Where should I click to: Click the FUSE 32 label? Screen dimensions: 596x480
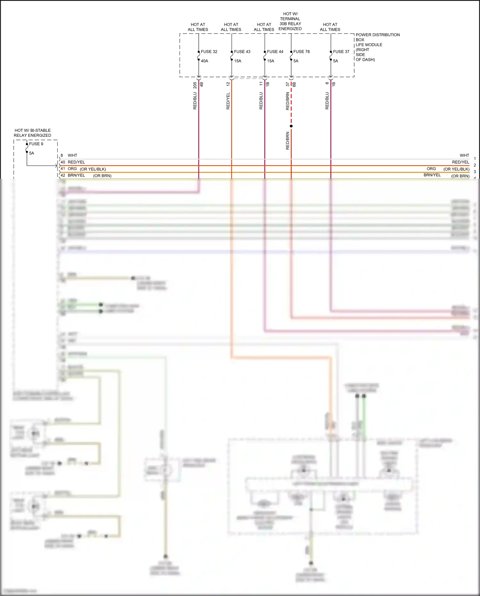click(x=209, y=52)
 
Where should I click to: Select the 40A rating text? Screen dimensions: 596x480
click(x=204, y=61)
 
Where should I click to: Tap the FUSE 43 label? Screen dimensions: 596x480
click(x=242, y=52)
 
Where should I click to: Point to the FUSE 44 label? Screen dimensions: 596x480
click(x=275, y=52)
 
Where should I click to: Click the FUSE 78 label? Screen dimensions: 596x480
click(x=301, y=52)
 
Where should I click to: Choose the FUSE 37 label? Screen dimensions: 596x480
click(x=341, y=52)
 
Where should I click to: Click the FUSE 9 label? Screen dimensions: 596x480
click(x=36, y=144)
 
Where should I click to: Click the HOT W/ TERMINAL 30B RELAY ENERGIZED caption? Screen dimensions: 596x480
click(x=290, y=21)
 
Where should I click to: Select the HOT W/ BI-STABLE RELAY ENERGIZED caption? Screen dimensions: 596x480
click(x=32, y=133)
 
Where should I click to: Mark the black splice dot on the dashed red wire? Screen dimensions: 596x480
click(x=291, y=126)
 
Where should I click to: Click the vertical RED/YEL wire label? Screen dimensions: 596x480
click(x=228, y=101)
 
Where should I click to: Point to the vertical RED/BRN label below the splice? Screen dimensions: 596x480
click(x=287, y=141)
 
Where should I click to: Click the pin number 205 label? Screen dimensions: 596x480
click(x=195, y=85)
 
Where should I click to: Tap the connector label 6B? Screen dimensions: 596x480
click(x=294, y=85)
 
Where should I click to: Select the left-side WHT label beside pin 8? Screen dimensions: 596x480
click(x=72, y=155)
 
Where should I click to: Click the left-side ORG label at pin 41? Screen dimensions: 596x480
click(x=72, y=169)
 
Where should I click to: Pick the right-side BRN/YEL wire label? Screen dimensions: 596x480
click(x=432, y=175)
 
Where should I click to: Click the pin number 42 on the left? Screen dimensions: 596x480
click(x=63, y=175)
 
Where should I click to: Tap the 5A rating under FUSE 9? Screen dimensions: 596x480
click(x=31, y=153)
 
